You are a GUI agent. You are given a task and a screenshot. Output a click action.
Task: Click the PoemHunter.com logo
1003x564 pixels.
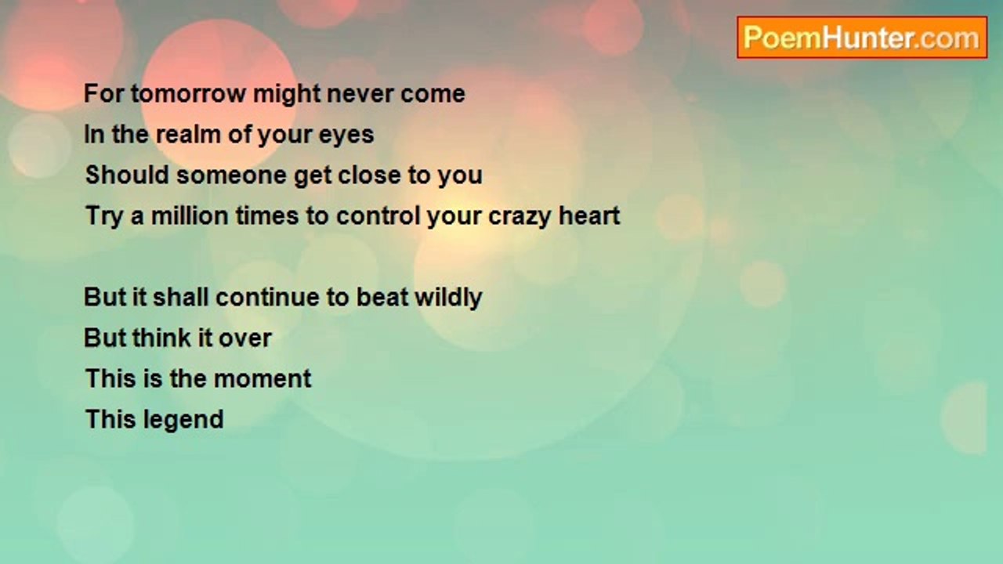pos(862,38)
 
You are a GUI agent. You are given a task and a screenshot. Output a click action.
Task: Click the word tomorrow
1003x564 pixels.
pos(189,94)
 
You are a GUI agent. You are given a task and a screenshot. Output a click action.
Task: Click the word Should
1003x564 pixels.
pos(127,175)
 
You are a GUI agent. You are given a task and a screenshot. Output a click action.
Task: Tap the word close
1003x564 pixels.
pos(369,175)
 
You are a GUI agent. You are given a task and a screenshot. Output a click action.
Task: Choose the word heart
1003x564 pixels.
pos(589,215)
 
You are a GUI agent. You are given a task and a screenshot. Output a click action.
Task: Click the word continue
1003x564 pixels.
pos(268,297)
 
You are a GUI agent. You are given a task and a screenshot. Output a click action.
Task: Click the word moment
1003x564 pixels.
pos(262,379)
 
